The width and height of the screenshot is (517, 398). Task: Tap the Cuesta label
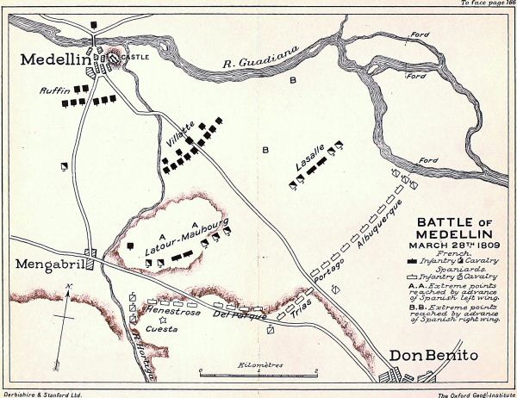pos(162,326)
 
